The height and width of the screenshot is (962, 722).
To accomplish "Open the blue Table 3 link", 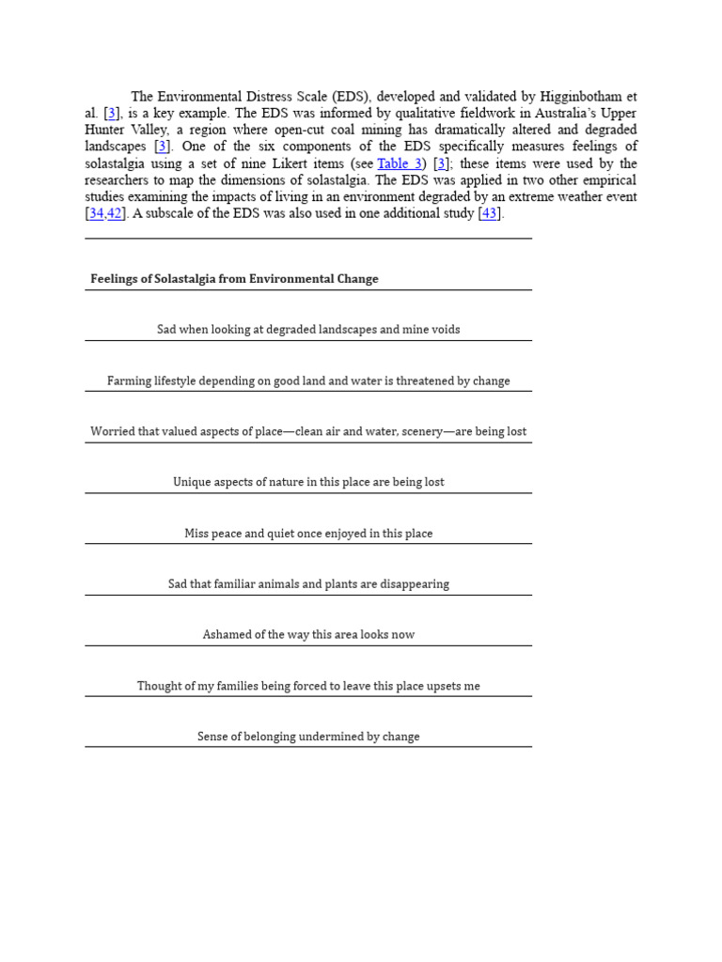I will tap(400, 163).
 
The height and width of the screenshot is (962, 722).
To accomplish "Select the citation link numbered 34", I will tap(96, 214).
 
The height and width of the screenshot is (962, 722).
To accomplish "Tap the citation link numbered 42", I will tap(115, 214).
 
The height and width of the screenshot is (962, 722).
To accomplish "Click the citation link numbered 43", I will tap(489, 214).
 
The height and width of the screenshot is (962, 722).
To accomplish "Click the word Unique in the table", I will tap(193, 483).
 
